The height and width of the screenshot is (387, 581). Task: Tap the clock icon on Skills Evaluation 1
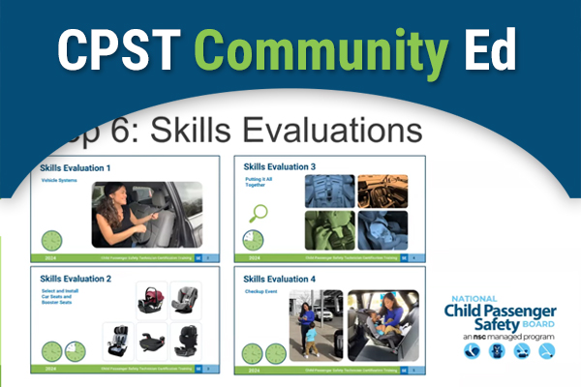[55, 241]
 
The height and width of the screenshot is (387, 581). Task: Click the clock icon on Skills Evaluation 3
[254, 241]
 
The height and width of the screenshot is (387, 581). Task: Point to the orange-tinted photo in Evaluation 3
[389, 191]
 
